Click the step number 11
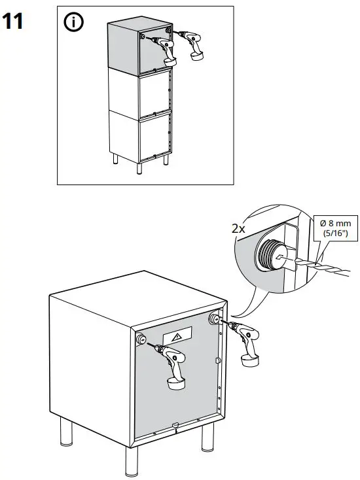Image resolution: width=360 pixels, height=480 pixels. coord(16,22)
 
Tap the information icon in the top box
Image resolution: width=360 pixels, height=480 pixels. coord(74,23)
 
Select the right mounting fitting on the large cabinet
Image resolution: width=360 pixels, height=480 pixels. coord(215,318)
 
